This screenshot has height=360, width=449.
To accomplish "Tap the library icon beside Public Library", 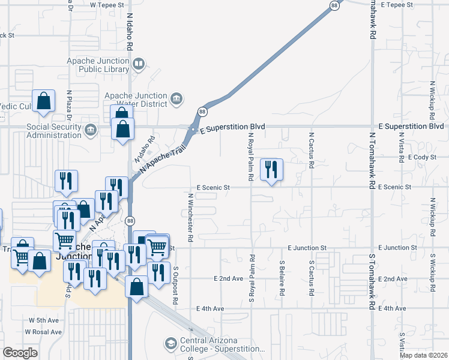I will coord(139,64).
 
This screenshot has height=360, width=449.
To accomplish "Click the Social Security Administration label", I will coord(53,131).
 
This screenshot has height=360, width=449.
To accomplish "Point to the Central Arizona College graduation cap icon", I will coord(170,343).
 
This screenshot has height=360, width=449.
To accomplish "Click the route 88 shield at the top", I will coord(334,5).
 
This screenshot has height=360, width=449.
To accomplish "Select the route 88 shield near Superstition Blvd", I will coord(202,112).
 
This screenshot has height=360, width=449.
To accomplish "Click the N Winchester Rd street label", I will coord(190,217).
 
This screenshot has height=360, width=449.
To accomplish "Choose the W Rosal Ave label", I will coord(43,332).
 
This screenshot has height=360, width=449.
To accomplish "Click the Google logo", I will coord(20,353).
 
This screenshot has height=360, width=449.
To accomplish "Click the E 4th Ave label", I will coord(210,308).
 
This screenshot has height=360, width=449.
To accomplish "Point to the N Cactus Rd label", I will coord(311,151).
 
